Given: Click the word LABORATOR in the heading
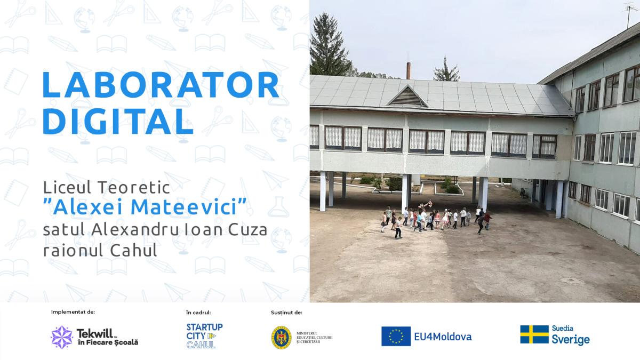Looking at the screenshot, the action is [161, 85].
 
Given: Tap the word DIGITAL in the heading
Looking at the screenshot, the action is [118, 121].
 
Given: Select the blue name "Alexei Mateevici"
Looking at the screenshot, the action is [145, 206].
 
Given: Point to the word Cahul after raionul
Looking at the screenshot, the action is [133, 250].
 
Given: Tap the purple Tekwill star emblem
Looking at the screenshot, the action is [62, 337].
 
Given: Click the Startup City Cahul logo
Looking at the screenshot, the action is [204, 335].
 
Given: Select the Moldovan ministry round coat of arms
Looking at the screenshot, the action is [281, 338].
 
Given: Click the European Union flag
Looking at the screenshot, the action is [396, 337].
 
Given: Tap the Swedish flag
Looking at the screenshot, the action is [534, 334].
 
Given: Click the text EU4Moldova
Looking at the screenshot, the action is [443, 337].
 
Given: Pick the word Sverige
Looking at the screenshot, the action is [571, 340].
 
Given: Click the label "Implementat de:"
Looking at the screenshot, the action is [73, 311].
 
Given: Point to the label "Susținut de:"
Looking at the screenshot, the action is [286, 313].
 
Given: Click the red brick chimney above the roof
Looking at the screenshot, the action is [409, 70].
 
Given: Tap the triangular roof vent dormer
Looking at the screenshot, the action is [407, 97].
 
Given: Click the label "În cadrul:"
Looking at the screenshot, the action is [198, 313].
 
